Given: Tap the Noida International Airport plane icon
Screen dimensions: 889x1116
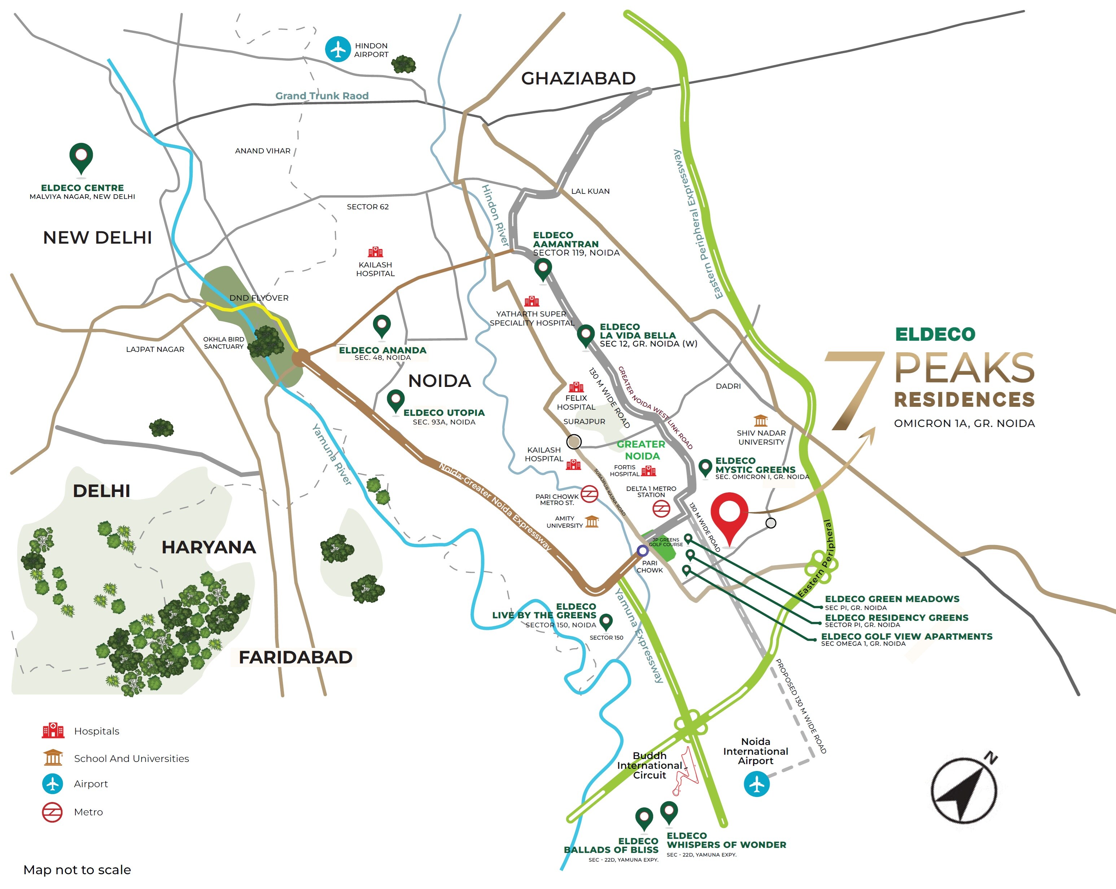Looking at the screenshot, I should (756, 784).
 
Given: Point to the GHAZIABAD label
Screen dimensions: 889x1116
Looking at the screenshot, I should (578, 79).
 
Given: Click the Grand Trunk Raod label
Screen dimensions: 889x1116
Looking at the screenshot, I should (321, 96).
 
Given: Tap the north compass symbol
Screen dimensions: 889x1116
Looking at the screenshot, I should (964, 790).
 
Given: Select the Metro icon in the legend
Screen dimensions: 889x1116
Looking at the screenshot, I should (52, 812).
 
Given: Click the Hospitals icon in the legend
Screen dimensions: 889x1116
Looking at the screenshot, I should (53, 731).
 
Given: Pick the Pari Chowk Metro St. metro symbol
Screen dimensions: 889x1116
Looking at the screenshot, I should (589, 494).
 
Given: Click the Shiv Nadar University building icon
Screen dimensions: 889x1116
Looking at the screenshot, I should (760, 420).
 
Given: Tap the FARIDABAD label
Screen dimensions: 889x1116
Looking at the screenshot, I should (295, 657).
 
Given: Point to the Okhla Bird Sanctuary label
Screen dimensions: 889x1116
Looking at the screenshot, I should (224, 343).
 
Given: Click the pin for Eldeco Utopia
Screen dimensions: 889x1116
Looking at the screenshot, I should (395, 400).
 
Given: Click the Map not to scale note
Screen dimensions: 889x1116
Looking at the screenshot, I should (77, 869).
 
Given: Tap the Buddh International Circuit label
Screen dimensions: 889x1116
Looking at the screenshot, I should (649, 765).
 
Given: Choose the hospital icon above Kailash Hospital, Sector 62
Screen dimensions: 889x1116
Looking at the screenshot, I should (375, 252).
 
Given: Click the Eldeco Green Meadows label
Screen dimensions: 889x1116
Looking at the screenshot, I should (892, 599).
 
